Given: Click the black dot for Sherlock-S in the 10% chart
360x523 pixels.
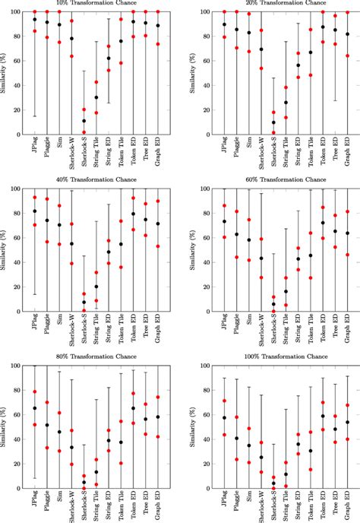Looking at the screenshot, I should (x=84, y=121).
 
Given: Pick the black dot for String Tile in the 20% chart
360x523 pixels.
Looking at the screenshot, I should (x=286, y=103).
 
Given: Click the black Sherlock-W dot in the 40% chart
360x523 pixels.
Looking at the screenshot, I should (x=71, y=244).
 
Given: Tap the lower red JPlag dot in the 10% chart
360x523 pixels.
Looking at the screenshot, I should (x=35, y=31).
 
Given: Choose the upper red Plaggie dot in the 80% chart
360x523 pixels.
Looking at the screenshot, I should (x=47, y=402).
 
